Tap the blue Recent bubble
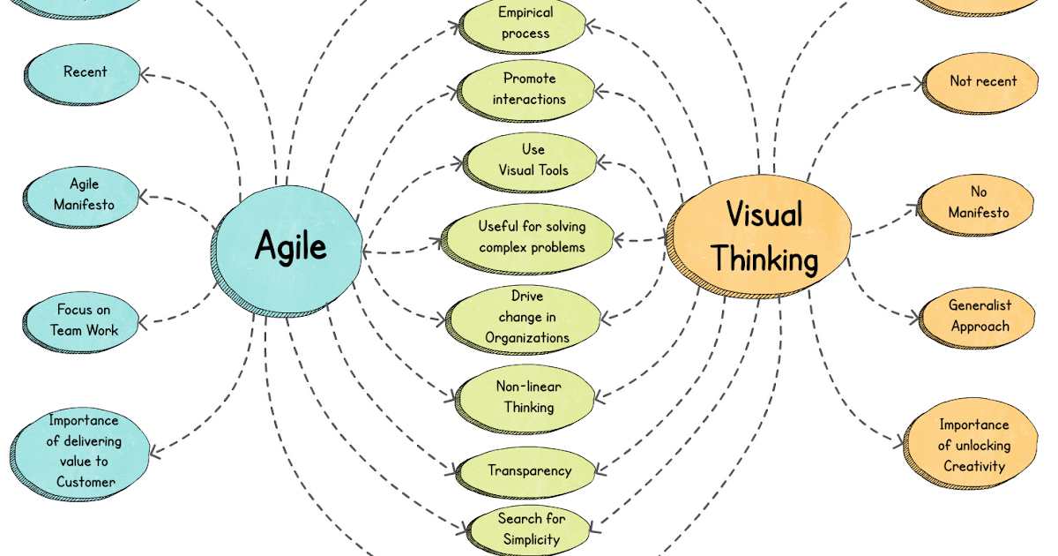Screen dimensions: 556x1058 [x=84, y=73]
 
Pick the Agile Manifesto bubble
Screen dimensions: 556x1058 [x=84, y=195]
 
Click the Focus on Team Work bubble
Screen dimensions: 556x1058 [x=84, y=320]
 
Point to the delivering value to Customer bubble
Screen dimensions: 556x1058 [x=84, y=451]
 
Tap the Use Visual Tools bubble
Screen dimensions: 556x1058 [x=533, y=160]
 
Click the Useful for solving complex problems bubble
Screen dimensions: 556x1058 [x=531, y=237]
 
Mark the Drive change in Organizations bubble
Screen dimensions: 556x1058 [x=526, y=317]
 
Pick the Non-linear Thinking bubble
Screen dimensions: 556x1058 [x=528, y=397]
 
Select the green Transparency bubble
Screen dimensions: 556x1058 [x=528, y=471]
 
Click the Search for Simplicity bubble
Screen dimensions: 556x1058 [x=531, y=529]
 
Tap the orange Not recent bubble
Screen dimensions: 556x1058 [x=982, y=82]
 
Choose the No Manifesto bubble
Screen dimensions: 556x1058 [x=978, y=202]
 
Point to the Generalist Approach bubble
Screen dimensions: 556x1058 [x=979, y=316]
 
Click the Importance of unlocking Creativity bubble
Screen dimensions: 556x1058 [x=972, y=446]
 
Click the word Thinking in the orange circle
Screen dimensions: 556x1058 [x=764, y=259]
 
